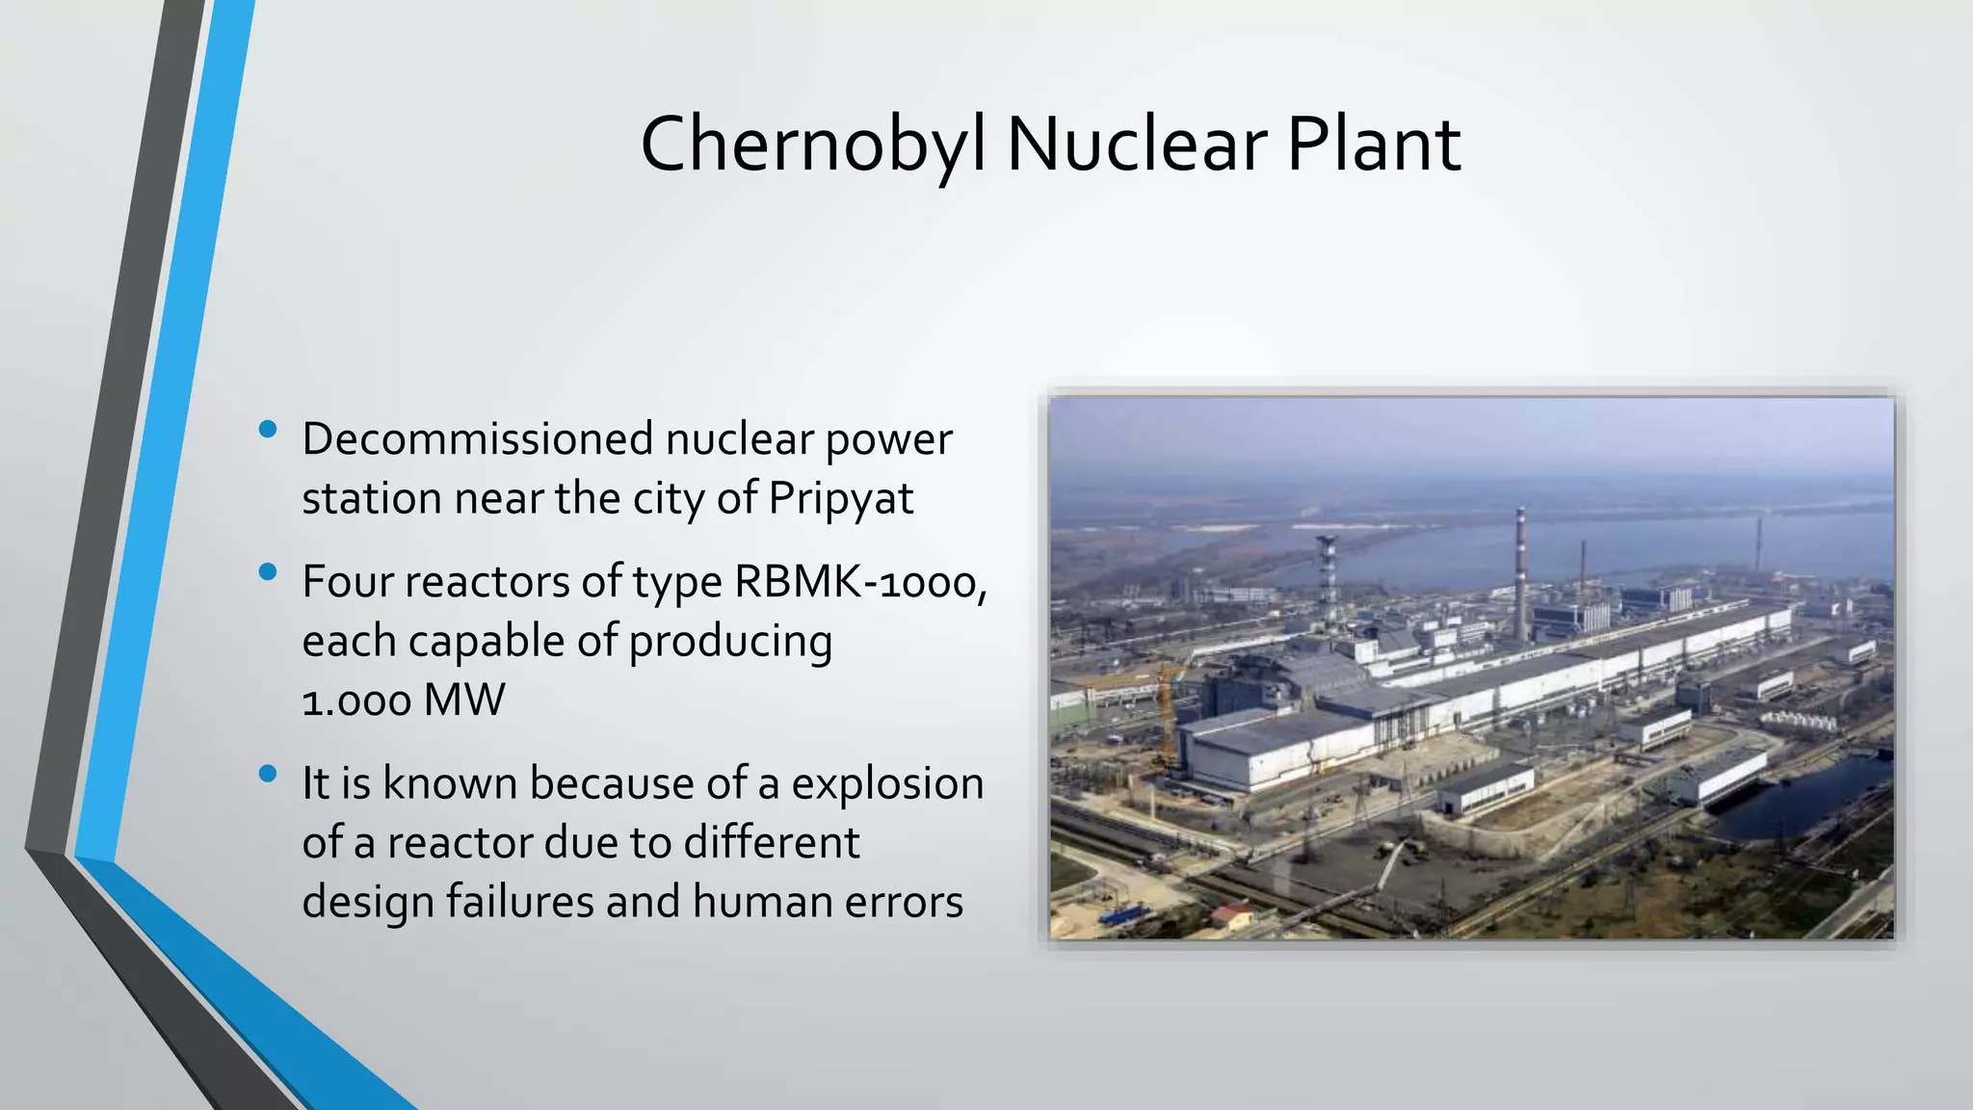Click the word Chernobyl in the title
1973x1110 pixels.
point(812,145)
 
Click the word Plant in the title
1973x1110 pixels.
point(1374,145)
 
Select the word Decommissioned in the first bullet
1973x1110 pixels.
point(478,438)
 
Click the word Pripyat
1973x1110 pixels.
point(840,499)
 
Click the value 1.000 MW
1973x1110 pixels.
point(403,700)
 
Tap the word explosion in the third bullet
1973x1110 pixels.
point(887,783)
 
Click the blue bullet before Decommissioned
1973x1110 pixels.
point(269,429)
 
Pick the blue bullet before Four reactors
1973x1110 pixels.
point(269,572)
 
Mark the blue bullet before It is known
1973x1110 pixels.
point(269,774)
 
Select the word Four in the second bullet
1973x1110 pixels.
point(346,581)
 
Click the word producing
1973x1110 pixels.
point(730,642)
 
